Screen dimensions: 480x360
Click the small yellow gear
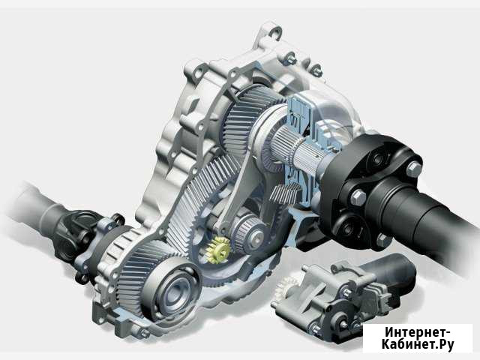218,250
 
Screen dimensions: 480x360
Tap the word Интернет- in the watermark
418,331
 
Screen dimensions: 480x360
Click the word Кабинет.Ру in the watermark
418,344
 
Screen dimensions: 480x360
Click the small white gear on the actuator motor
284,289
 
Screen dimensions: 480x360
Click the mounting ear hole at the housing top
274,31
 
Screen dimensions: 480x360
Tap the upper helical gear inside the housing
245,120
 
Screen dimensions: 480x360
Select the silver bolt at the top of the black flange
414,169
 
